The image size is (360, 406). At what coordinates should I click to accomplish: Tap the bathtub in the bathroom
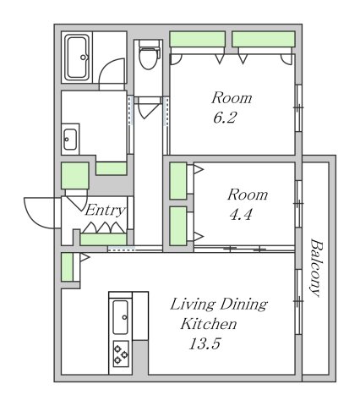click(x=77, y=58)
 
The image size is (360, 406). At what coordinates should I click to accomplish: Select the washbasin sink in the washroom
click(x=69, y=139)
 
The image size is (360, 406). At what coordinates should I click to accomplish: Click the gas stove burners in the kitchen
click(x=121, y=354)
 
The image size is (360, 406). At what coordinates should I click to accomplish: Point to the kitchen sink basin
click(x=121, y=317)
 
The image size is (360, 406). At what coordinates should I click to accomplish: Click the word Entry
click(x=105, y=210)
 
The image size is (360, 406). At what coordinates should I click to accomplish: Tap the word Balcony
click(x=315, y=267)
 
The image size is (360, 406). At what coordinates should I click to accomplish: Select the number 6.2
click(x=225, y=118)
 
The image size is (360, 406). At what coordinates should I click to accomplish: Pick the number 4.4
click(x=241, y=215)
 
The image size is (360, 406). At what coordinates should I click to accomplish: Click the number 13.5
click(x=205, y=343)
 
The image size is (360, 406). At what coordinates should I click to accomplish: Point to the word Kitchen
click(x=209, y=324)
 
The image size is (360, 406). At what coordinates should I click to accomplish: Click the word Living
click(x=193, y=304)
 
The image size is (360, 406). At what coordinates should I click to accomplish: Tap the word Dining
click(x=243, y=304)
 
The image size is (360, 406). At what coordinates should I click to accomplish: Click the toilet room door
click(x=147, y=108)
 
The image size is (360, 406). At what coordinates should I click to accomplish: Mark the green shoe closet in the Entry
click(x=103, y=239)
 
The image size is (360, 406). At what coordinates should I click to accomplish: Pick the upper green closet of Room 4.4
click(x=178, y=181)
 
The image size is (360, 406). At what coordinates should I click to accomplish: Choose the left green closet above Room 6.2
click(x=198, y=39)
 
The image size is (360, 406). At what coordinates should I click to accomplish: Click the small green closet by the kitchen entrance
click(x=67, y=267)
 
